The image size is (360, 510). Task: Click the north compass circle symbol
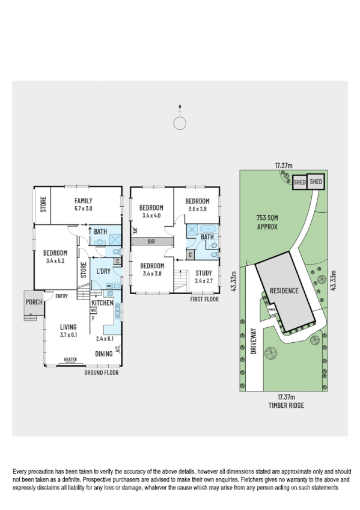[179, 123]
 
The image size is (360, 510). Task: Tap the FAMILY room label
[83, 201]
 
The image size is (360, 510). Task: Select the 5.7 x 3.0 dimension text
[83, 208]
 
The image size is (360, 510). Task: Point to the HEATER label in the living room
[71, 361]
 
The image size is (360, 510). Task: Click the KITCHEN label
[102, 303]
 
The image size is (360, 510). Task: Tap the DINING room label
[104, 354]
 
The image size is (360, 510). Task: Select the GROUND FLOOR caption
[102, 373]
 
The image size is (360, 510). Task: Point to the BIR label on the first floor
[153, 241]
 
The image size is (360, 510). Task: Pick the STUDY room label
[204, 273]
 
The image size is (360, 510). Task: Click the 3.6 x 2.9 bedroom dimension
[197, 209]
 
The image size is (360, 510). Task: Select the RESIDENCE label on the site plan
[284, 290]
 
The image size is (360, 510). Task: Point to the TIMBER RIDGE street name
[285, 405]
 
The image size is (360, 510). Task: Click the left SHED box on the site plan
[299, 181]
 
